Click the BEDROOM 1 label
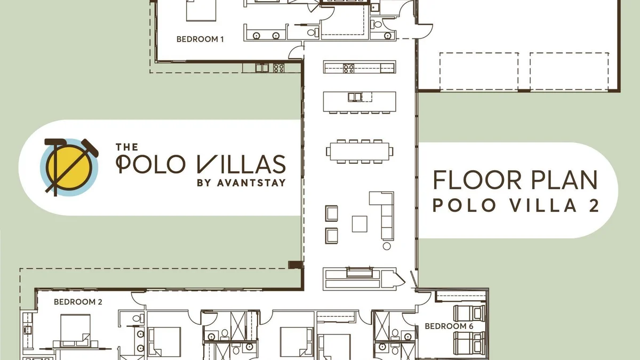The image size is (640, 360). point(200,39)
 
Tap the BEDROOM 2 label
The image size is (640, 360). point(78,302)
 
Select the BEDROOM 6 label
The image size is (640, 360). point(449,326)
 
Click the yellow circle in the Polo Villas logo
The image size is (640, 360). point(69,167)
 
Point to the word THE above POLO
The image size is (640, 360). point(127,147)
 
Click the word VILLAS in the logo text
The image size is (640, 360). point(242,164)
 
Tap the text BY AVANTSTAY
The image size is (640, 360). point(242,183)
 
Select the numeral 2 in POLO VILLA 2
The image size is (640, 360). point(594,205)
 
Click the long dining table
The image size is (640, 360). point(359,151)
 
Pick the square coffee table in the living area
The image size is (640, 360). point(359,224)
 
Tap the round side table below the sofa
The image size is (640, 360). point(387,246)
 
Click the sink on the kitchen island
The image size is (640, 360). point(355,97)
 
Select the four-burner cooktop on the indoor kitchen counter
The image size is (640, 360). point(349,68)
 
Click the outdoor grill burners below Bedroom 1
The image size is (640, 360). point(278,68)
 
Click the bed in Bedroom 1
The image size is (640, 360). point(201,10)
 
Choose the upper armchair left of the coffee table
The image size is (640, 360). point(331,213)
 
